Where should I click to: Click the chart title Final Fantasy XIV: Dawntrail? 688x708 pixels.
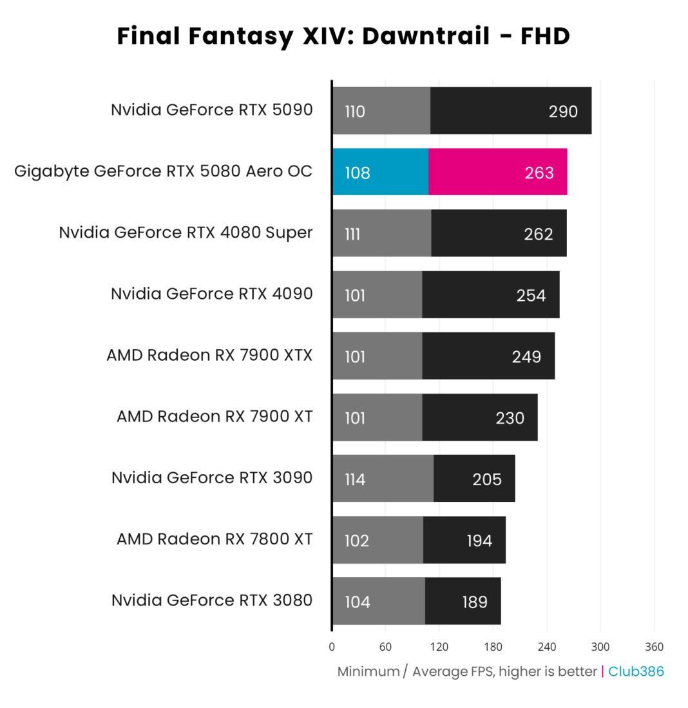[x=343, y=37]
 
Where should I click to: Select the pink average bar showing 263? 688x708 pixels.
[x=497, y=172]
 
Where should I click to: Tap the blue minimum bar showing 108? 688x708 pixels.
[x=380, y=172]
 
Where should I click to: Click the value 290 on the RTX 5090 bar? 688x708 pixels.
[x=563, y=111]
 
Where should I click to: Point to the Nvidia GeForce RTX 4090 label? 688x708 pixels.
[x=211, y=294]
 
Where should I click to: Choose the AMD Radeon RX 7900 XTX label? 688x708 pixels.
[x=209, y=355]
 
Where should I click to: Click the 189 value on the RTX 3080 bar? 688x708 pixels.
[x=475, y=602]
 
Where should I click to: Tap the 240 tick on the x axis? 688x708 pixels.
[x=547, y=647]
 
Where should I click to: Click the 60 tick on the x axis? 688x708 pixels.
[x=385, y=647]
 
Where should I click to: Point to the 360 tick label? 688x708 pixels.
[x=654, y=647]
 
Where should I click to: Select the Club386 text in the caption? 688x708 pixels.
[x=636, y=671]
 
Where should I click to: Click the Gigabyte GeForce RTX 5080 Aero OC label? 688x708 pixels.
[x=163, y=171]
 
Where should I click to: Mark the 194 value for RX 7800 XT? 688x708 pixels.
[x=479, y=541]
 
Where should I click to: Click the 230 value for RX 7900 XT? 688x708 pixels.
[x=510, y=418]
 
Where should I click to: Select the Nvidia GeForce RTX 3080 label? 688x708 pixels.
[x=211, y=600]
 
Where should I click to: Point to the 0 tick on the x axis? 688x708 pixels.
[x=332, y=647]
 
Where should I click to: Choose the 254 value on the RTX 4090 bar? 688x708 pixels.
[x=531, y=295]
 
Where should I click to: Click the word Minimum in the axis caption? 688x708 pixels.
[x=368, y=671]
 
